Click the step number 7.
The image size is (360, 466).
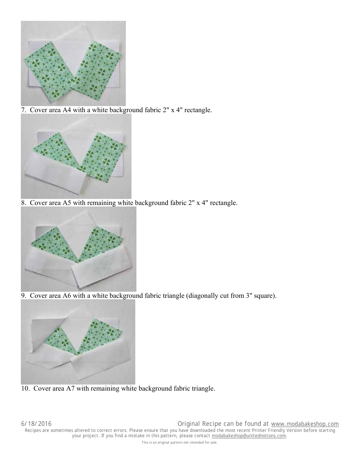[23, 110]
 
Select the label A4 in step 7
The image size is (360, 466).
[66, 110]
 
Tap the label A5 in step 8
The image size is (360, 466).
[67, 203]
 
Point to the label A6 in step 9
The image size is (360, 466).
[67, 296]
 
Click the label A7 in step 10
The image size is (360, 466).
[70, 388]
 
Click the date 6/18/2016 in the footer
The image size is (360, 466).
[36, 424]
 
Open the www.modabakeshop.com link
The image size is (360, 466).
[305, 424]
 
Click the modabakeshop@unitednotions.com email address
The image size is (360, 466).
[249, 436]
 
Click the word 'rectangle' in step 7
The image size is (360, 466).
[198, 110]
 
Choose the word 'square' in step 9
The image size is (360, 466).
[265, 296]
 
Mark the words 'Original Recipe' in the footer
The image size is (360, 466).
[199, 424]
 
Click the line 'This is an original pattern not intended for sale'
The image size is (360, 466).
[180, 443]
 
